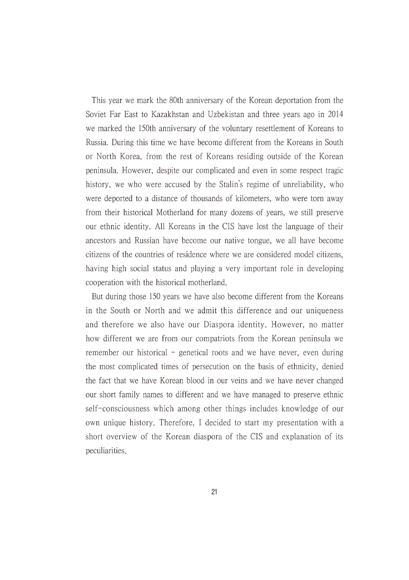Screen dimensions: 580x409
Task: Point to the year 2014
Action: tap(336, 113)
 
